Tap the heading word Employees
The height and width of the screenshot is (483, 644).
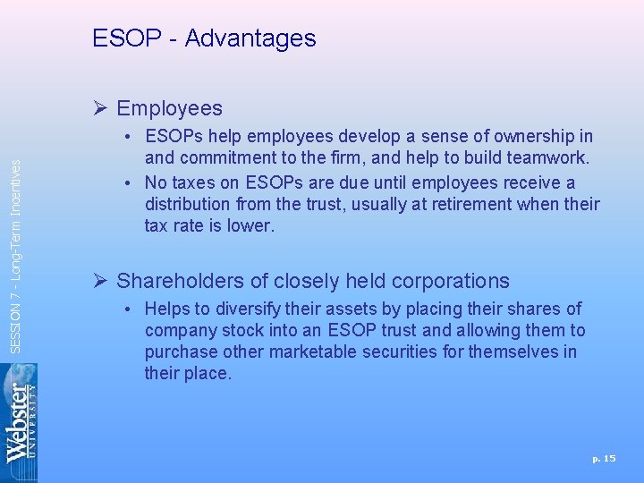point(169,109)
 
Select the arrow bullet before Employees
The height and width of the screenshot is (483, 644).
point(101,109)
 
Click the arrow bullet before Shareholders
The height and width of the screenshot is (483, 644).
point(101,281)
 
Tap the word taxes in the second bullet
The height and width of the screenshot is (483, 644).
point(192,183)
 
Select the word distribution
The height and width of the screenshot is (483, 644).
point(189,205)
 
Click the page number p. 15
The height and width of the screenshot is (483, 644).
point(604,459)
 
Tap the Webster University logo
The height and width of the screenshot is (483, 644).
point(19,422)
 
